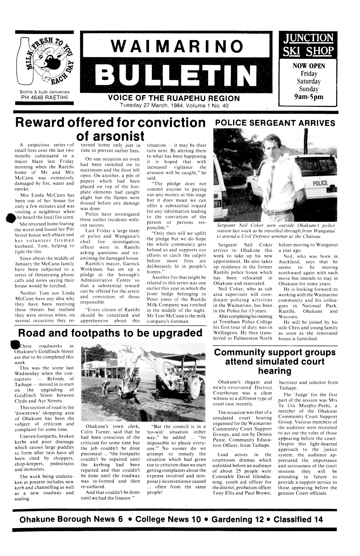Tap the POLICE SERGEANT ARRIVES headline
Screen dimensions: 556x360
275,123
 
